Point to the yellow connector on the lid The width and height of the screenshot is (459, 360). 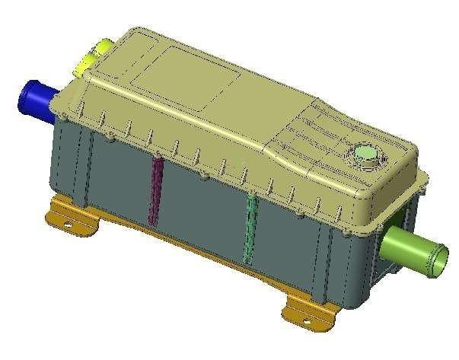pos(91,58)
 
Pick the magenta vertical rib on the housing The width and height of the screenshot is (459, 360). pos(156,190)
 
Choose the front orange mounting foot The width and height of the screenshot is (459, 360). pos(312,308)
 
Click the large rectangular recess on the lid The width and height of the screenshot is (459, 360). pos(183,72)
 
